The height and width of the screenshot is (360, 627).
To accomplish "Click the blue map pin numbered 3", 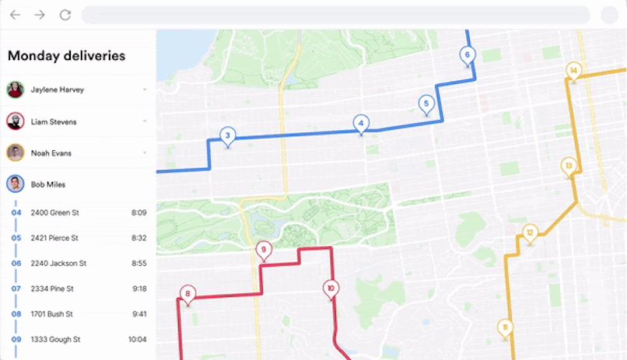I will [227, 136].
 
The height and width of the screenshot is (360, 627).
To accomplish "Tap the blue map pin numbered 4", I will [360, 123].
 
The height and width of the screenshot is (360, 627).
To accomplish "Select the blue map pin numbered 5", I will [426, 103].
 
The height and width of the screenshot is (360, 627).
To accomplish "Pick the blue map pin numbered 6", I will [467, 54].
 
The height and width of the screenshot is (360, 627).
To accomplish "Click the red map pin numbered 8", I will [187, 293].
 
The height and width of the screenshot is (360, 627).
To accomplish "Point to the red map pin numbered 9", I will [264, 250].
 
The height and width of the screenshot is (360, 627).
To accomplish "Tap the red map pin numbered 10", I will [331, 288].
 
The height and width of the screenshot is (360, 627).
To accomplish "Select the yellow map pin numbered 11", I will [505, 327].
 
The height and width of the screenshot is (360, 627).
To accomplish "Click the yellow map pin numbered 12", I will [530, 232].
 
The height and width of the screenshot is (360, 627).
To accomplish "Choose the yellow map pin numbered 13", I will [569, 165].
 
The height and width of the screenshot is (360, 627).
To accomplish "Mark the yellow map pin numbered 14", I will [573, 71].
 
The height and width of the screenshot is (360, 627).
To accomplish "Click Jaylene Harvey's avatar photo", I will [15, 89].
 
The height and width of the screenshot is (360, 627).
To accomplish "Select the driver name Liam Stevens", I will [54, 122].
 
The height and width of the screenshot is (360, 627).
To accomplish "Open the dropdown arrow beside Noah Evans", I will [145, 153].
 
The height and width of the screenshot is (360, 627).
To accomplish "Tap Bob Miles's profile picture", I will [15, 184].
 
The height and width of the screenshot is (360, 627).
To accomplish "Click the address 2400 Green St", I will [54, 212].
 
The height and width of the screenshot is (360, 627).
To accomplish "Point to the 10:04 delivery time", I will [138, 340].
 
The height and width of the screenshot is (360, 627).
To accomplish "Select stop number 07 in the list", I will [16, 288].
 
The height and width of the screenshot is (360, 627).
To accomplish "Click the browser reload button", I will [65, 15].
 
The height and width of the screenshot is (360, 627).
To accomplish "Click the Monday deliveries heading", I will [66, 55].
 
